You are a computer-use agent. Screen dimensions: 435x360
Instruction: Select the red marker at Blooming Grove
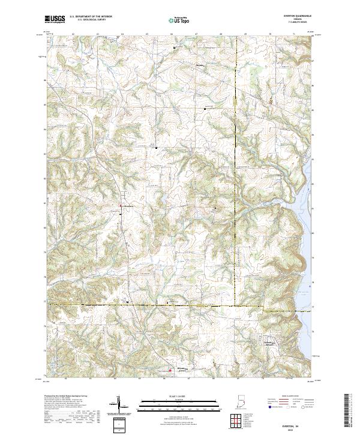pyautogui.click(x=170, y=370)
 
